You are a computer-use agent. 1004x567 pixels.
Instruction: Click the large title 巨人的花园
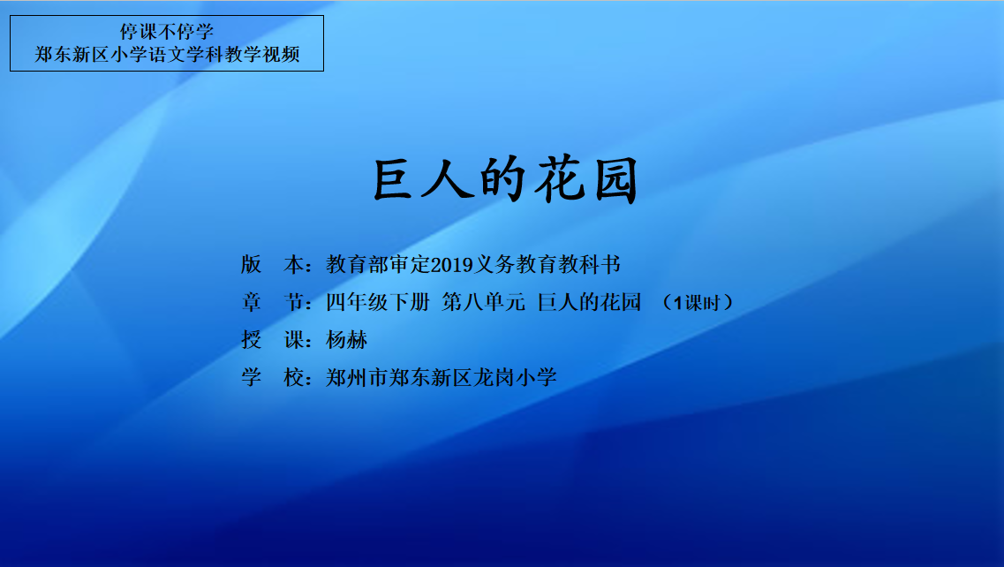(x=505, y=180)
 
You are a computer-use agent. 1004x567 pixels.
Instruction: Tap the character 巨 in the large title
(x=393, y=180)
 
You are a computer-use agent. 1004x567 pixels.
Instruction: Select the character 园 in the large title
(x=616, y=181)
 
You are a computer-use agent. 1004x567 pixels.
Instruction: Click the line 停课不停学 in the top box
(x=167, y=32)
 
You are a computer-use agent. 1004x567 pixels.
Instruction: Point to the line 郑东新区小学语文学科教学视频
(x=167, y=55)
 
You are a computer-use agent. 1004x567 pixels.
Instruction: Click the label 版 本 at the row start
(x=273, y=264)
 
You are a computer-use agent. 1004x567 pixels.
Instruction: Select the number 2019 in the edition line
(x=452, y=265)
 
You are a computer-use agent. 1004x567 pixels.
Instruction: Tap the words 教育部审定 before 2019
(x=379, y=264)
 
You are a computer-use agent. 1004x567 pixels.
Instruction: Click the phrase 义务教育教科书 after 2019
(x=547, y=264)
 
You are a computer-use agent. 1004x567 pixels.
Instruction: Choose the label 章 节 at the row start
(x=273, y=302)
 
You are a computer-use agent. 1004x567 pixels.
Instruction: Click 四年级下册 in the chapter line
(x=378, y=302)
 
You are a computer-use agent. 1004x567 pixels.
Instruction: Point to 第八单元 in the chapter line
(x=483, y=302)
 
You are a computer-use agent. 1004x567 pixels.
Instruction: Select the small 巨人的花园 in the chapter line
(x=589, y=302)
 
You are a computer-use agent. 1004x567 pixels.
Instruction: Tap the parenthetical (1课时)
(x=698, y=302)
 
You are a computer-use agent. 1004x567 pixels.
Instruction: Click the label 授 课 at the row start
(x=273, y=339)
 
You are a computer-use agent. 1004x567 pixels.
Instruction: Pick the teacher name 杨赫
(x=346, y=339)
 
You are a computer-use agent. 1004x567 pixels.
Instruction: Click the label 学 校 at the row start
(x=273, y=377)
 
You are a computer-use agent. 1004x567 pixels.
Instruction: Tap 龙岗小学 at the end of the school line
(x=516, y=377)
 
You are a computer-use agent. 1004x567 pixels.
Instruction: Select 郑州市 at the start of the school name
(x=358, y=377)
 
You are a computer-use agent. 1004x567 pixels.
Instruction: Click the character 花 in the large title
(x=560, y=180)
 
